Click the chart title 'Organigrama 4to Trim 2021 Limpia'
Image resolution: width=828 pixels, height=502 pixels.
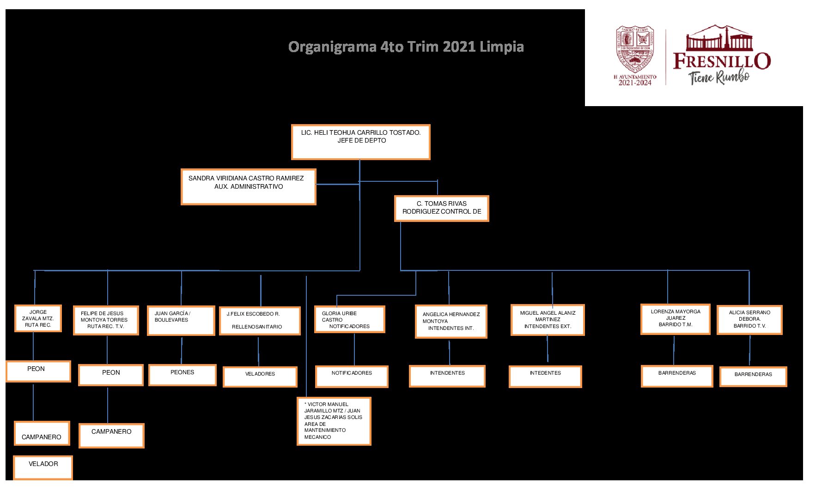point(406,47)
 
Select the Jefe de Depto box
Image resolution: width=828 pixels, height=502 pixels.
point(360,142)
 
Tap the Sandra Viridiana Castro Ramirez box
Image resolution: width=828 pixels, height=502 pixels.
point(248,186)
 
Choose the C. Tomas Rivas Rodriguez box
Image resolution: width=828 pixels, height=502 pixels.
point(441,208)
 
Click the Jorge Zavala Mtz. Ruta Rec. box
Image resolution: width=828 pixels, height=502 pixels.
point(38,318)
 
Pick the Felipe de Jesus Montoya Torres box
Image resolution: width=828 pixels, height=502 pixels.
point(106,320)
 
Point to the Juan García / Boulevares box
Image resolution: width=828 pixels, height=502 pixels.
point(181,320)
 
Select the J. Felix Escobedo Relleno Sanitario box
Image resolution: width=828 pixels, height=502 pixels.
point(259,321)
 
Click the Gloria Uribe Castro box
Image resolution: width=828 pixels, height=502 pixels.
point(349,319)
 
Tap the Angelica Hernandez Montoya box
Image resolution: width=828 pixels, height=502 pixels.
point(451,321)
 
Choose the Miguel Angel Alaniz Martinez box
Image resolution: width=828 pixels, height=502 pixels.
point(548,320)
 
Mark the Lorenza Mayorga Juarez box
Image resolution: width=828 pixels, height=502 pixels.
point(675,319)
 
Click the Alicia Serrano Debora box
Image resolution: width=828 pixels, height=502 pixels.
point(749,320)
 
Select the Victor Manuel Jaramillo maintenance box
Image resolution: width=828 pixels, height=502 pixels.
point(334,421)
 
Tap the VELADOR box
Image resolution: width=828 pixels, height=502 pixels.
point(43,467)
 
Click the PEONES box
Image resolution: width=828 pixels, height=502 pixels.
point(182,375)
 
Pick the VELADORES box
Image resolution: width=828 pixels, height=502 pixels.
point(260,376)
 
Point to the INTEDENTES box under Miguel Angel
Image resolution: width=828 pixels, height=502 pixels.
point(545,376)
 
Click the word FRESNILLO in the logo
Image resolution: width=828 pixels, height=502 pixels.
point(722,61)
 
